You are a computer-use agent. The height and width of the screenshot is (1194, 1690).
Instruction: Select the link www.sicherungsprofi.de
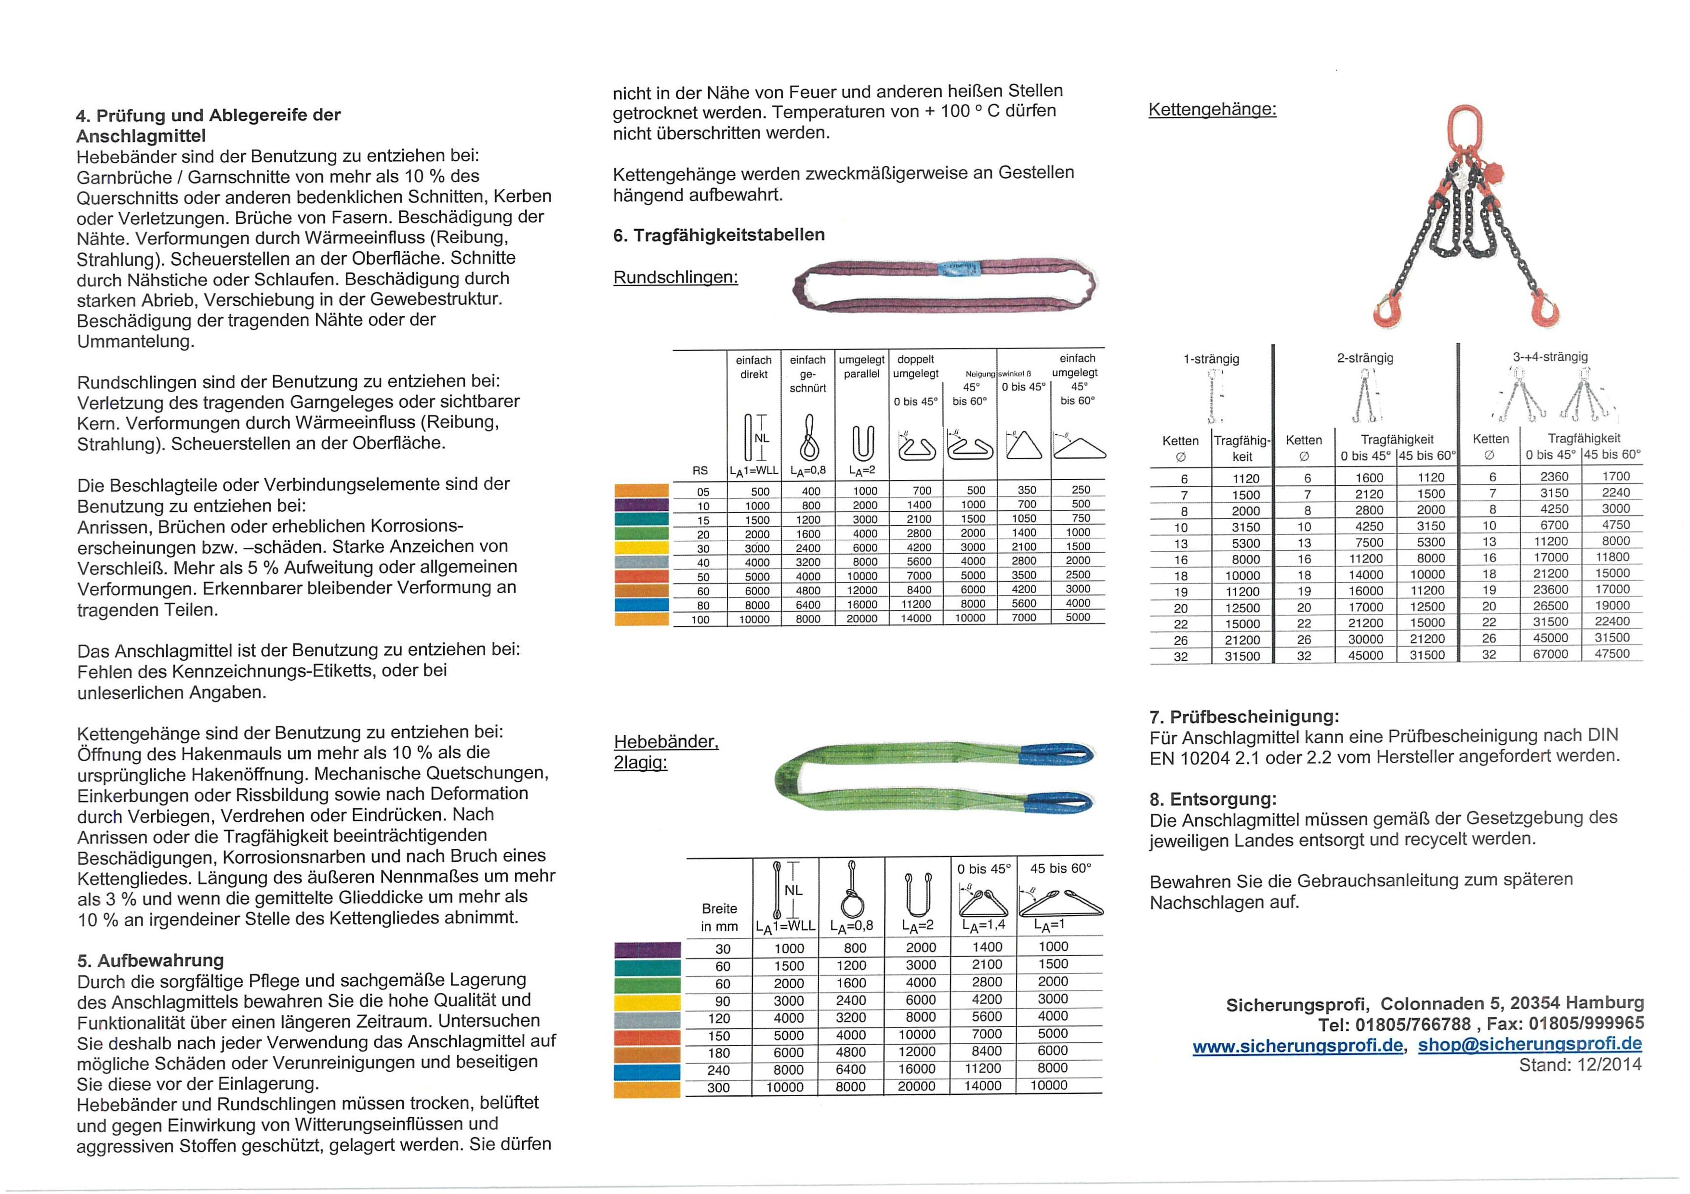coord(1297,1045)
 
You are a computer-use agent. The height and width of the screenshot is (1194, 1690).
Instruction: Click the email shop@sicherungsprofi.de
coord(1530,1045)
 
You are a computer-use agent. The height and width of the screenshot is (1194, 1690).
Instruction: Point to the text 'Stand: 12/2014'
coord(1580,1065)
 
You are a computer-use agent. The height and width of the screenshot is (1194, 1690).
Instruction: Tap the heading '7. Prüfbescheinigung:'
coord(1244,716)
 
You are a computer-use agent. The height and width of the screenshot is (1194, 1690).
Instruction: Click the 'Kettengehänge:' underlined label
coord(1212,110)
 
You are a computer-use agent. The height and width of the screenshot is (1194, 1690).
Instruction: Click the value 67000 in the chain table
coord(1550,654)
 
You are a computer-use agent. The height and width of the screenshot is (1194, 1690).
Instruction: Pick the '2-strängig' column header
coord(1365,358)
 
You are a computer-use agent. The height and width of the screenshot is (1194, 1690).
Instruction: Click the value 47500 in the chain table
coord(1611,653)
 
